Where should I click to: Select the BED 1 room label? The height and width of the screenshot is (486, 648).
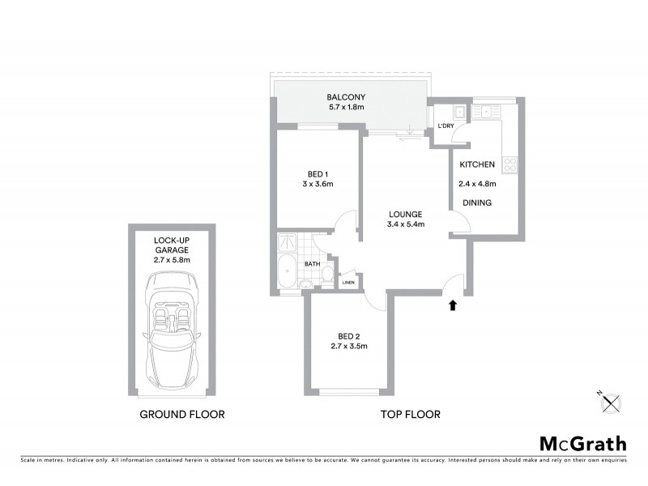[318, 174]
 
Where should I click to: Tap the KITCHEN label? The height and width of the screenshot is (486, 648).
[477, 165]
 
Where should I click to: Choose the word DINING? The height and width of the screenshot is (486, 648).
[477, 202]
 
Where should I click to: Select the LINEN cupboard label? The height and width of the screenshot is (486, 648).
[348, 282]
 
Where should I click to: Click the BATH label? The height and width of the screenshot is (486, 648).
[312, 263]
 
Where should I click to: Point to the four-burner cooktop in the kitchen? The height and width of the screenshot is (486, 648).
[510, 164]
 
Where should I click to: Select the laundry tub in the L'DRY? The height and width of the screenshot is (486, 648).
[458, 113]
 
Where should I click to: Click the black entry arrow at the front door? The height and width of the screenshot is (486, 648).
[453, 305]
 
